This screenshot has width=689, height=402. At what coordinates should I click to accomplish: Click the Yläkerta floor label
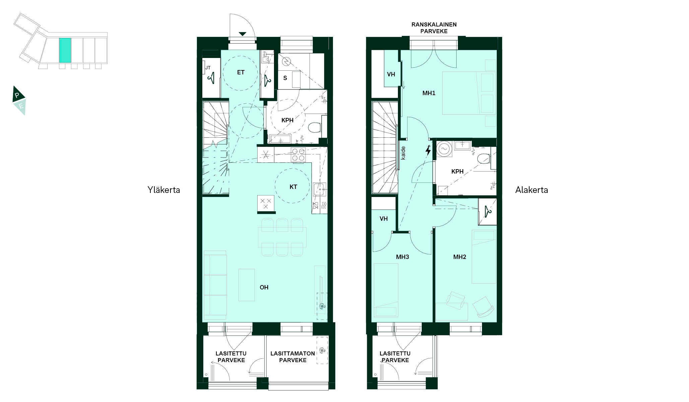164,190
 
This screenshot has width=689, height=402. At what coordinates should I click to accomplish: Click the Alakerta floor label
532,190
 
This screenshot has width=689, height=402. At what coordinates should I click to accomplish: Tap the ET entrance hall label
241,72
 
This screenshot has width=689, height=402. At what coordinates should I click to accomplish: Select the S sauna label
285,78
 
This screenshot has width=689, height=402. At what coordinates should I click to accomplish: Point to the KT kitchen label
293,187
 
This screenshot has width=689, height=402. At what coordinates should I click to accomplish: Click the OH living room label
264,287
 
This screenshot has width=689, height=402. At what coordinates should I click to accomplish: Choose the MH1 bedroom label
429,93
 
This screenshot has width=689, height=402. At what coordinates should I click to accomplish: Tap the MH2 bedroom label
460,257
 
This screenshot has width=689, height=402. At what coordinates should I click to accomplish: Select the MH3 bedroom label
403,257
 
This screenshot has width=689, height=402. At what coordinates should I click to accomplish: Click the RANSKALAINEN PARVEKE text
434,28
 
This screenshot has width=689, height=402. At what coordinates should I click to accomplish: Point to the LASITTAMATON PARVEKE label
293,357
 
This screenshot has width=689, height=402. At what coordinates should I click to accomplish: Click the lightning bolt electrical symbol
428,150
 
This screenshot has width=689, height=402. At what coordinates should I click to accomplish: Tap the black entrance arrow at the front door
243,33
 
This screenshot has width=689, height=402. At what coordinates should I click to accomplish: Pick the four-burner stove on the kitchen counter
298,155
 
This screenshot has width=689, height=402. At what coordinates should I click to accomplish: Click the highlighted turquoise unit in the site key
65,50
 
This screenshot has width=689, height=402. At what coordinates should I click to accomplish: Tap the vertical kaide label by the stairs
403,153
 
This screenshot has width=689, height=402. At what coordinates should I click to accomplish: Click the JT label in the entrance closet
208,68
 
